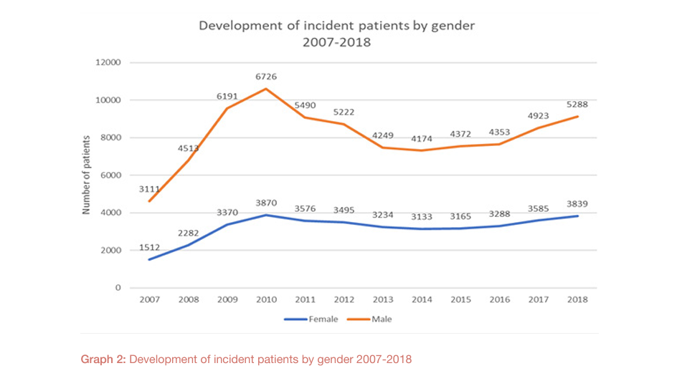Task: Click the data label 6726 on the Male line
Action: (266, 77)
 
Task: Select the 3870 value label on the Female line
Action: (266, 203)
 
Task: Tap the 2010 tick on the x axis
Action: (266, 299)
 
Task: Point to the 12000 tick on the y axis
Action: (108, 62)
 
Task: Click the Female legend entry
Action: (311, 319)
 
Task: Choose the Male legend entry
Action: (369, 319)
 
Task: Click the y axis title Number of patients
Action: (86, 175)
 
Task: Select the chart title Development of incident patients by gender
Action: (336, 26)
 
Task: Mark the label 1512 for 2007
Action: (149, 248)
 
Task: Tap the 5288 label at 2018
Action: (577, 105)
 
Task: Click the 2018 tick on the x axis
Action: (577, 299)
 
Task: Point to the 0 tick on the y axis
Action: (118, 288)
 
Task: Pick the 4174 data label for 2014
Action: (422, 139)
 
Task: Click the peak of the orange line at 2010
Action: (266, 89)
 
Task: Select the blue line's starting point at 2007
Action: (149, 260)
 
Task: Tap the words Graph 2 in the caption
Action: (103, 360)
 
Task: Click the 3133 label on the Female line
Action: (422, 217)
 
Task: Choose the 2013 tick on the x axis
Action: (383, 299)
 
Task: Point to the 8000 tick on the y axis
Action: (110, 137)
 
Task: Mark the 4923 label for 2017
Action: (538, 116)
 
